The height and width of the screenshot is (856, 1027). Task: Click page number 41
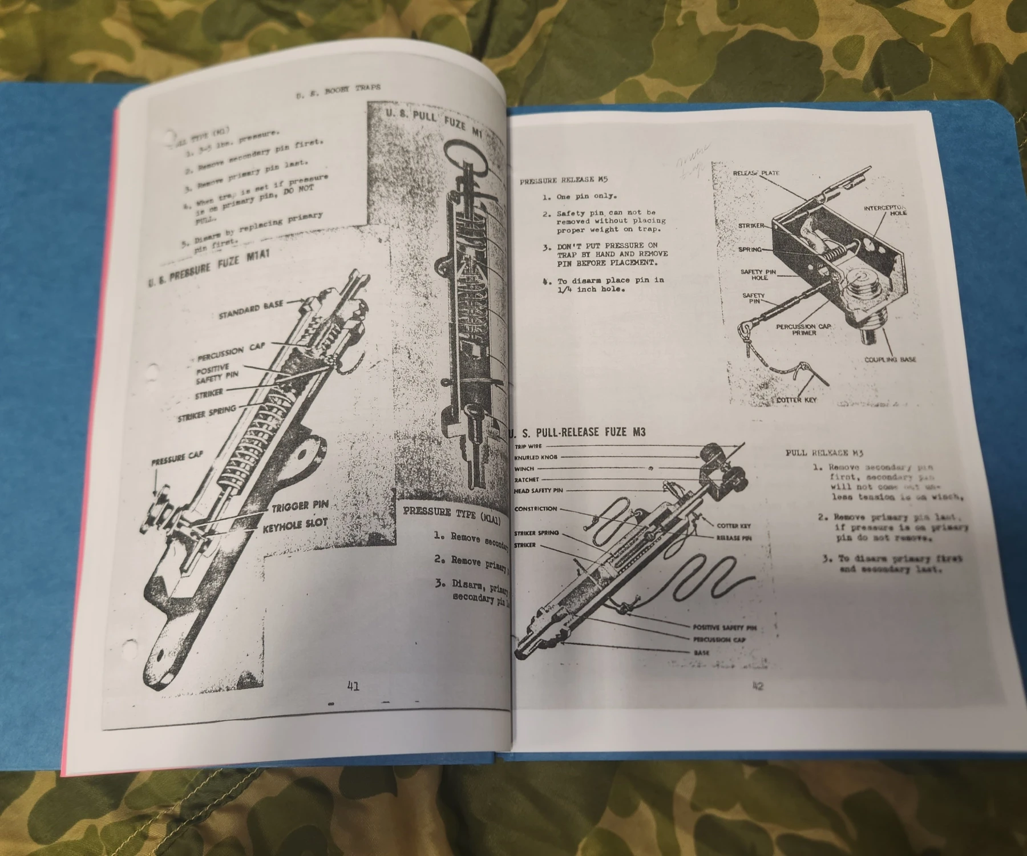pyautogui.click(x=353, y=686)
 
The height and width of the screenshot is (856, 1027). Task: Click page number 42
pyautogui.click(x=758, y=687)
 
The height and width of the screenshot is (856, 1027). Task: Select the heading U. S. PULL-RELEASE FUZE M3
pyautogui.click(x=580, y=432)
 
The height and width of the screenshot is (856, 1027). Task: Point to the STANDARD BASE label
pyautogui.click(x=250, y=310)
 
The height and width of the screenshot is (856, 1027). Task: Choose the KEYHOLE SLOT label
pyautogui.click(x=295, y=525)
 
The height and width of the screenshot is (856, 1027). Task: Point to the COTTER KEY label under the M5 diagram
pyautogui.click(x=796, y=400)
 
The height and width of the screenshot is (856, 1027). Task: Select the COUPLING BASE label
pyautogui.click(x=890, y=360)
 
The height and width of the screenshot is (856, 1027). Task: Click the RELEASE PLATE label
pyautogui.click(x=756, y=173)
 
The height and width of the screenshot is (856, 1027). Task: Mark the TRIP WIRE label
pyautogui.click(x=528, y=446)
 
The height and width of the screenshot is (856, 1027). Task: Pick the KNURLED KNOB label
pyautogui.click(x=535, y=457)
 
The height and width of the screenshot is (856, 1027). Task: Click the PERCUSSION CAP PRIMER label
pyautogui.click(x=803, y=330)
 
